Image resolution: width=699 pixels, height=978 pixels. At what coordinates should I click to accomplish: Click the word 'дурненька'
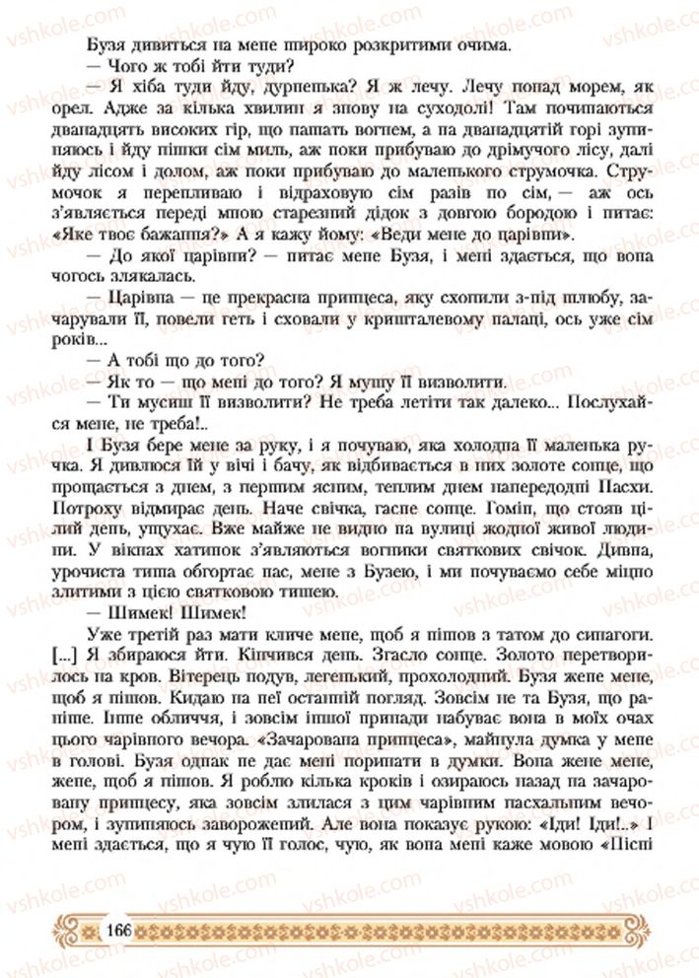[x=261, y=88]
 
